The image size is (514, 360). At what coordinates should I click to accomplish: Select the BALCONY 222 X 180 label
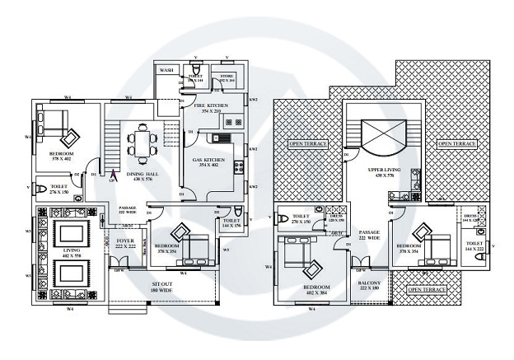[368, 285]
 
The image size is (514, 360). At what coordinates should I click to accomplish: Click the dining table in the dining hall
[142, 143]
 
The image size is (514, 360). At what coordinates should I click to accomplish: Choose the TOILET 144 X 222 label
[474, 246]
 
